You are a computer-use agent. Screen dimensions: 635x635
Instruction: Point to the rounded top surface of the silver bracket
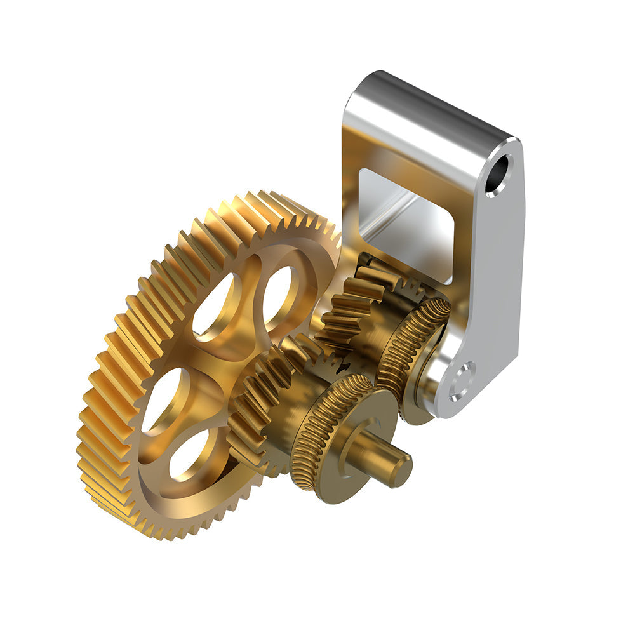click(x=432, y=102)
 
